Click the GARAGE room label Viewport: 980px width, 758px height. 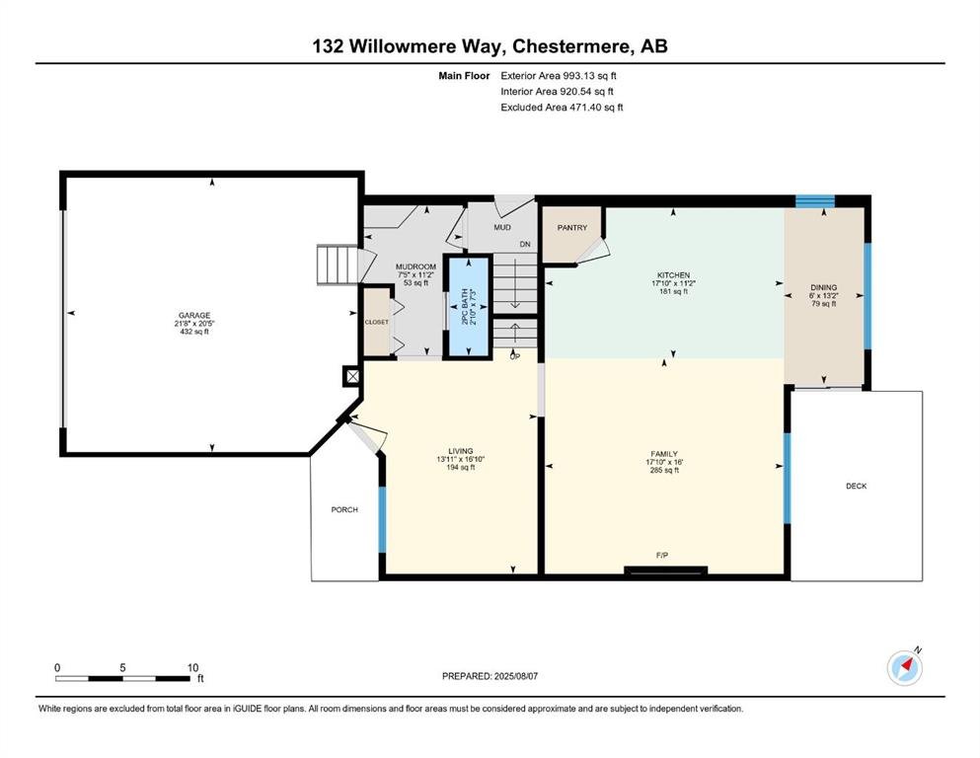click(x=193, y=316)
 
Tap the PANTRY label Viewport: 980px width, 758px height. click(x=571, y=228)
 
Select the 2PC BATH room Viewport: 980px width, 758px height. click(x=466, y=306)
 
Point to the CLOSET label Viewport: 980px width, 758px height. click(x=376, y=322)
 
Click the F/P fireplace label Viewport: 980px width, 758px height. click(x=662, y=555)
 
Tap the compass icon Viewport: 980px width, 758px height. click(x=904, y=667)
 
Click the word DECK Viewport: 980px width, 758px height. click(x=857, y=487)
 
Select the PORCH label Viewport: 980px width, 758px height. click(x=344, y=510)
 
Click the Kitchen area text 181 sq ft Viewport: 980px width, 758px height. click(x=673, y=291)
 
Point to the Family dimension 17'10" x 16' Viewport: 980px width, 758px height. click(x=664, y=463)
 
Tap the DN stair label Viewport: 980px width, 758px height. click(x=525, y=245)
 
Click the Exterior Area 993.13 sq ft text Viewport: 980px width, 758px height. click(x=559, y=76)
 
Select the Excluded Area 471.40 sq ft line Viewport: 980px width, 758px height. click(x=562, y=107)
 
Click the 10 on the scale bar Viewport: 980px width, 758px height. click(x=192, y=667)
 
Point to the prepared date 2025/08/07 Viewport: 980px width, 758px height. click(x=515, y=676)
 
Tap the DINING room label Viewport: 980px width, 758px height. click(x=824, y=288)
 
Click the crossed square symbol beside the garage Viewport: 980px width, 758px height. click(x=352, y=376)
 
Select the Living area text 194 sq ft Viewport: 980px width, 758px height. click(x=460, y=468)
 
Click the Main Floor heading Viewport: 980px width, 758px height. click(x=464, y=76)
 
